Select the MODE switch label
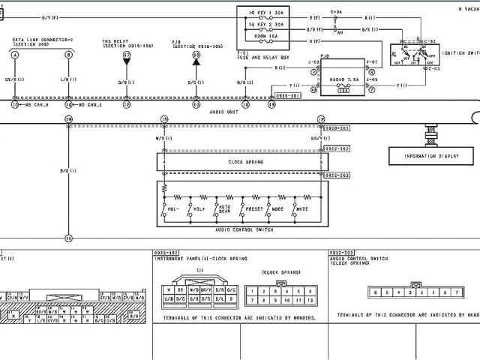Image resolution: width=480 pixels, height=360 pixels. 278,209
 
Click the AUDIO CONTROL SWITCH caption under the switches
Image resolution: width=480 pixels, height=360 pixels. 243,231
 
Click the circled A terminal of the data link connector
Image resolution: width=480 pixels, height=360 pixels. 15,55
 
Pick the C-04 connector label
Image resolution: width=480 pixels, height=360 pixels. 336,13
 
